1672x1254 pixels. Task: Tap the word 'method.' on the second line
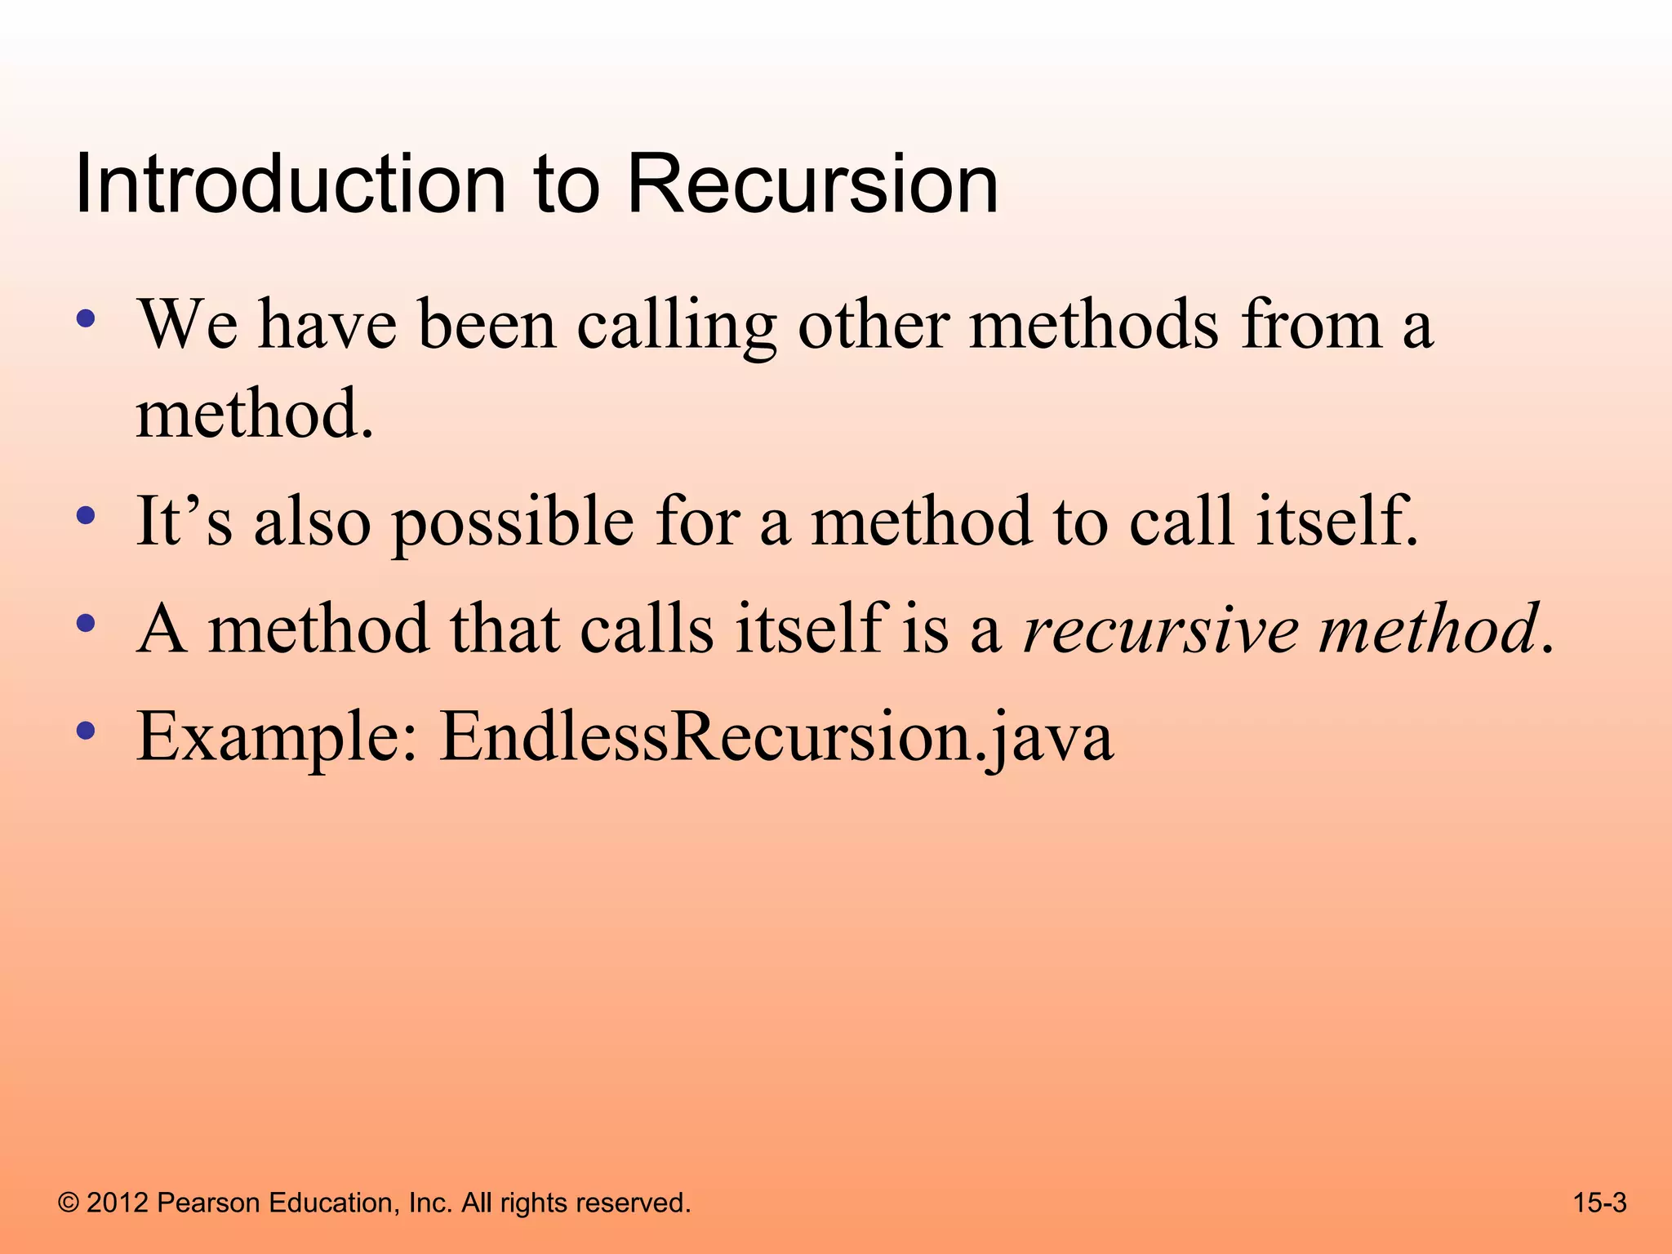(x=255, y=415)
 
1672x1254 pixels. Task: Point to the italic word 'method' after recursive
(x=1429, y=629)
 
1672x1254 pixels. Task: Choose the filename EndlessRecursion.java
(x=776, y=737)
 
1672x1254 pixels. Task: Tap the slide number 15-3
(x=1599, y=1203)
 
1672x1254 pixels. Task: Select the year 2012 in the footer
(x=118, y=1203)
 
